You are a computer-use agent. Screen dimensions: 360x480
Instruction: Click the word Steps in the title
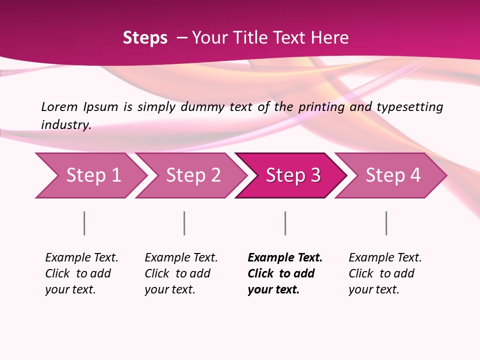pyautogui.click(x=145, y=38)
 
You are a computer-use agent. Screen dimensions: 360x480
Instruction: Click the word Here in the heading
pyautogui.click(x=329, y=38)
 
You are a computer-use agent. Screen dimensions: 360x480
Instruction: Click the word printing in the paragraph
pyautogui.click(x=320, y=106)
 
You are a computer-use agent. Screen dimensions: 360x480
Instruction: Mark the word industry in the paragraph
pyautogui.click(x=66, y=124)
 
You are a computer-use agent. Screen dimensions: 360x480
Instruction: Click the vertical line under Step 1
pyautogui.click(x=84, y=223)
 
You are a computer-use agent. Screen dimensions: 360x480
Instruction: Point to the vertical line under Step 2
pyautogui.click(x=184, y=223)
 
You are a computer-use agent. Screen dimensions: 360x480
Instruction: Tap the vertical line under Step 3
pyautogui.click(x=285, y=223)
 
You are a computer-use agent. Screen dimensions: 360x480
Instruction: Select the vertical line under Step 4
pyautogui.click(x=386, y=223)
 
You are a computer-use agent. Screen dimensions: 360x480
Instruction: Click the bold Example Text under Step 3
pyautogui.click(x=285, y=258)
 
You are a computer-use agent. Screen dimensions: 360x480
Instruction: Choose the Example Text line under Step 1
pyautogui.click(x=81, y=258)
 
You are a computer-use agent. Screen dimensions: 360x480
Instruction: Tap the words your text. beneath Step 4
pyautogui.click(x=373, y=289)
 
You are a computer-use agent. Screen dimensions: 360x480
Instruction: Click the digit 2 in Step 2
pyautogui.click(x=215, y=175)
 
